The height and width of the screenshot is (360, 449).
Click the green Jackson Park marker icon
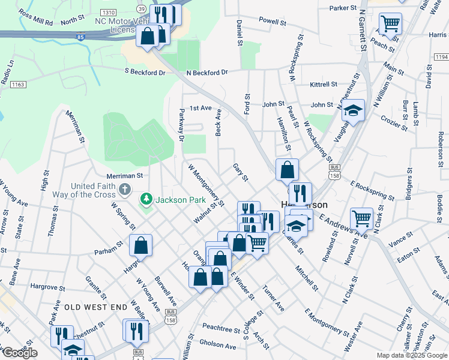tap(145, 199)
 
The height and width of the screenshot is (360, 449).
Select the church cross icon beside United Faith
tap(125, 190)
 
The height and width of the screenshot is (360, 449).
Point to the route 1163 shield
tap(17, 85)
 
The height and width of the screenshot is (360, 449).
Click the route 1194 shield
tap(441, 56)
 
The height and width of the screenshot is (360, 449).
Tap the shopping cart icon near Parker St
tap(390, 24)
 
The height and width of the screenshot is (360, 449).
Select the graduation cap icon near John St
tap(354, 110)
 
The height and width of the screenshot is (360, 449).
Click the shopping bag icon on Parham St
tap(140, 245)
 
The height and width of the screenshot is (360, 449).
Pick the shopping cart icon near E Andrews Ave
tap(361, 218)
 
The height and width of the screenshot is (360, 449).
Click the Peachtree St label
tap(221, 329)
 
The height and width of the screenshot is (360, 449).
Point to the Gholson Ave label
tap(218, 346)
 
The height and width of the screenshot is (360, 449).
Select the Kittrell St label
tap(324, 85)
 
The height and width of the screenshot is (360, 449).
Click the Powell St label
tap(272, 21)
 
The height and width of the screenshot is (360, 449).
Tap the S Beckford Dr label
tap(145, 72)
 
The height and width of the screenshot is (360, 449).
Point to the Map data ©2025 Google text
tap(412, 355)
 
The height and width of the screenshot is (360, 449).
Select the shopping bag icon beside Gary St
tap(288, 169)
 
